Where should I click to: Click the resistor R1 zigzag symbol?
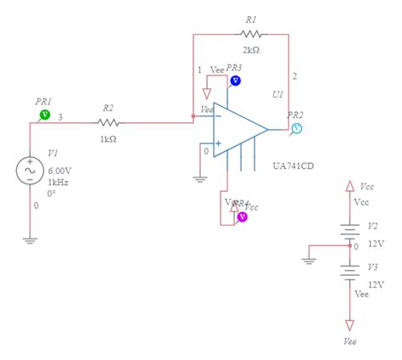(253, 34)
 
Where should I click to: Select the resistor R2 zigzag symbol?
(108, 122)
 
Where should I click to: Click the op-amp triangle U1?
(238, 130)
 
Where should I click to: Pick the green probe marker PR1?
(46, 114)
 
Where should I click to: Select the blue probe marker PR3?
(236, 81)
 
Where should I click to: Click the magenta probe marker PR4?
(242, 217)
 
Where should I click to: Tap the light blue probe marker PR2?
(297, 128)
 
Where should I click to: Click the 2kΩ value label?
(251, 50)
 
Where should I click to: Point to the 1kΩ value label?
(108, 138)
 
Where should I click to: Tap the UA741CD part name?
(293, 166)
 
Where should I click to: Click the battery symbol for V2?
(349, 229)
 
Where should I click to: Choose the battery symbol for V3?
(349, 270)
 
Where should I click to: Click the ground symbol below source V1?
(31, 239)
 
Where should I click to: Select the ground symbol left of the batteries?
(310, 260)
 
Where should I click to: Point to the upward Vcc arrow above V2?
(349, 184)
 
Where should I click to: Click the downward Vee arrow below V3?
(349, 324)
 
